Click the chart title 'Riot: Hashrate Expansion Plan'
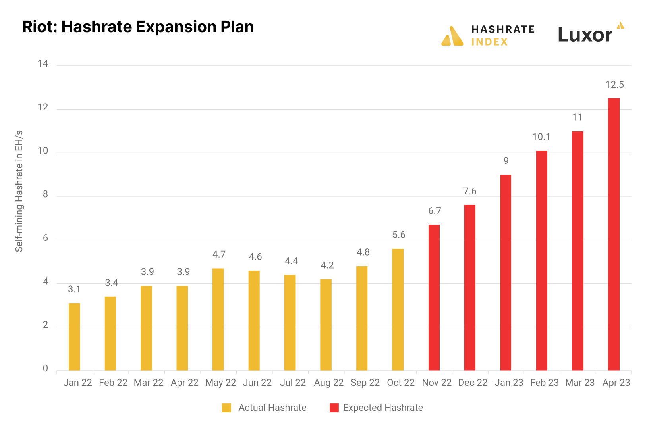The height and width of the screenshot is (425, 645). pyautogui.click(x=138, y=27)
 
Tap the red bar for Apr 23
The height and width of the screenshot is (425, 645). pyautogui.click(x=614, y=234)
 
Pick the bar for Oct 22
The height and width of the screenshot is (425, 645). pyautogui.click(x=398, y=310)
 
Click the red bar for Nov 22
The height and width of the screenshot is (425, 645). pyautogui.click(x=434, y=298)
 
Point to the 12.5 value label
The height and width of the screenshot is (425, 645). pyautogui.click(x=614, y=85)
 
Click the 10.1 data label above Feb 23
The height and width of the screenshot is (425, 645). pyautogui.click(x=541, y=137)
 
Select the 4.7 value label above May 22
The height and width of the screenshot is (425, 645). pyautogui.click(x=219, y=254)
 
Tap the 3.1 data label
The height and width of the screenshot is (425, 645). pyautogui.click(x=74, y=289)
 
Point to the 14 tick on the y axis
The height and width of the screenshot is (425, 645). pyautogui.click(x=43, y=63)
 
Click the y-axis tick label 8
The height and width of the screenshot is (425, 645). pyautogui.click(x=45, y=194)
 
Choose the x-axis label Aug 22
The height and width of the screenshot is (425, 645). pyautogui.click(x=328, y=383)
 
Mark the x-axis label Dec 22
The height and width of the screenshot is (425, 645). pyautogui.click(x=473, y=383)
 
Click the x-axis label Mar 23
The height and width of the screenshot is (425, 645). pyautogui.click(x=580, y=383)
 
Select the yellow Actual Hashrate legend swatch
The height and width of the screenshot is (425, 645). pyautogui.click(x=226, y=408)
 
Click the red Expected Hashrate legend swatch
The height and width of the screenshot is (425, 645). pyautogui.click(x=334, y=408)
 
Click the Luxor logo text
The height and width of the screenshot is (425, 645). pyautogui.click(x=585, y=35)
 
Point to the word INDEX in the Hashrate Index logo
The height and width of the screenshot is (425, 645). pyautogui.click(x=489, y=42)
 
